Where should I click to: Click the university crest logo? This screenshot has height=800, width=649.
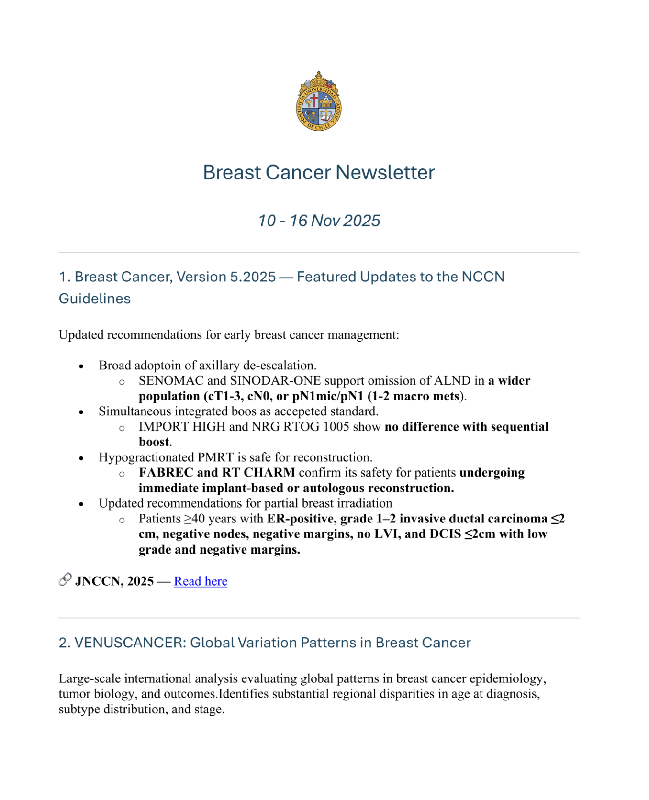(318, 101)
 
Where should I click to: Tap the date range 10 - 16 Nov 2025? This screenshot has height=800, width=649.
(319, 221)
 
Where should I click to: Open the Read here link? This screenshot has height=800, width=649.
(201, 581)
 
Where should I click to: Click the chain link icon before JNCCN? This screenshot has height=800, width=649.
(65, 579)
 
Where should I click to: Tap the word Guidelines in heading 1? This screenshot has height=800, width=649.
(95, 299)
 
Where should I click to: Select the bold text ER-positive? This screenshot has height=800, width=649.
(302, 519)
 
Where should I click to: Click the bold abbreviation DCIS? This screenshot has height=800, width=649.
(445, 534)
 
